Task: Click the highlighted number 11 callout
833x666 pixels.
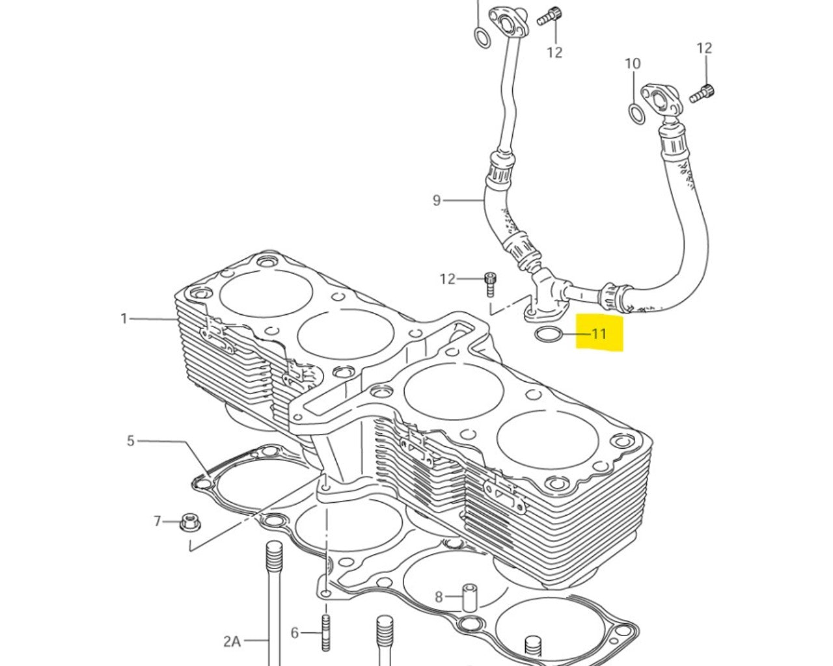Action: coord(599,334)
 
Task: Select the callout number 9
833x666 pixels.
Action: coord(437,200)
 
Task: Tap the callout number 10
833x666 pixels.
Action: coord(633,64)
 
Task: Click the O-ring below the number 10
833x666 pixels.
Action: coord(636,113)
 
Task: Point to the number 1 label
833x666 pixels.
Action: coord(124,319)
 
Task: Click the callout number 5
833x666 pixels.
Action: coord(130,441)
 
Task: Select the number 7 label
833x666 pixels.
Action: coord(157,521)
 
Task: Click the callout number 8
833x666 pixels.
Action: coord(439,596)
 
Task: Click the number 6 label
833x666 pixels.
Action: coord(294,632)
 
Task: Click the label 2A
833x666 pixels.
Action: coord(232,641)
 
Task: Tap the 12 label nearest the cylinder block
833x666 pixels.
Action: coord(447,279)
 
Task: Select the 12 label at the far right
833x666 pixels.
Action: coord(704,48)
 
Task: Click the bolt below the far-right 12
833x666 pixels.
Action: coord(701,94)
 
